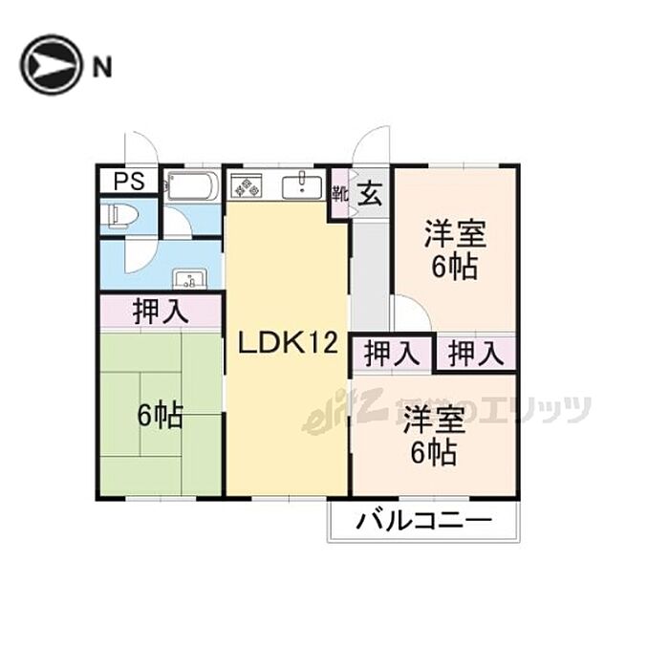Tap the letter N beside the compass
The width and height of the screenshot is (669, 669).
pos(101,66)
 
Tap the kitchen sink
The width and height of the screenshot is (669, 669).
pos(302,184)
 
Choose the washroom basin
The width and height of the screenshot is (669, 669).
pos(190,280)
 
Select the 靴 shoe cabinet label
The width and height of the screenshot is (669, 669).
pos(339,195)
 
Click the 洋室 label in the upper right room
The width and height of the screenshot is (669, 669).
pos(455,234)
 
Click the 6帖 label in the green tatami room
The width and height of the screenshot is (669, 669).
pos(161,417)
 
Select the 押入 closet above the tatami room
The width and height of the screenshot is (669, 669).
pos(161,312)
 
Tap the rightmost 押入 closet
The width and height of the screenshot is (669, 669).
pos(476,355)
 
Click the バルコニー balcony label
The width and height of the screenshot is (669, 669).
pos(424,522)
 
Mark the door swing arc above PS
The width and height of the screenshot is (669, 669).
pos(140,148)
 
